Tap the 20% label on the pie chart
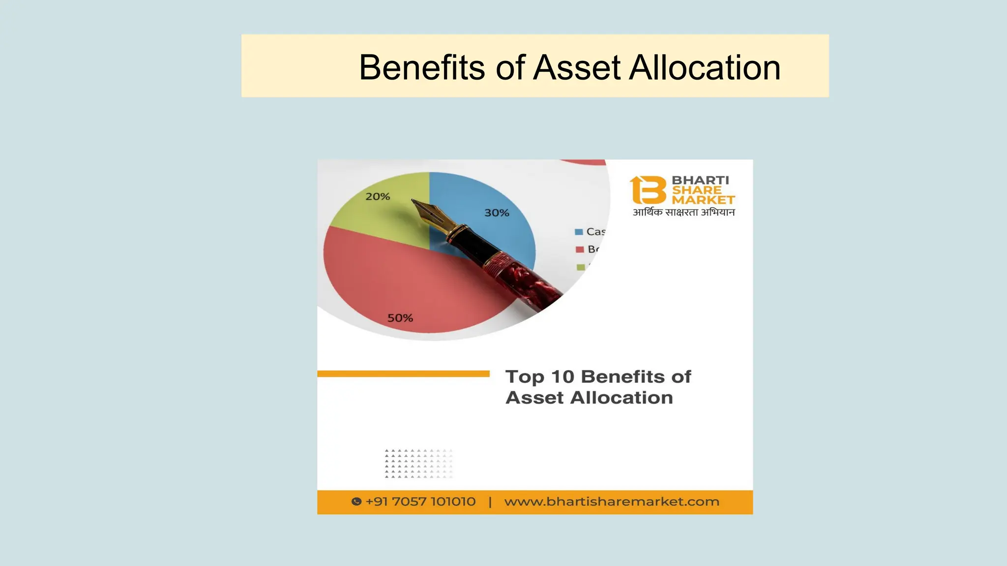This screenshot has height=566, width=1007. [378, 197]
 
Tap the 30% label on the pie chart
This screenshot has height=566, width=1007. [497, 213]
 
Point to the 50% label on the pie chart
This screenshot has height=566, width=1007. [400, 318]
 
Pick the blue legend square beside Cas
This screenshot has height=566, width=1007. [579, 232]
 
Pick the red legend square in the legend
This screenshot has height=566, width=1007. [580, 250]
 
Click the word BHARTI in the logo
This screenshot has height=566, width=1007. [700, 180]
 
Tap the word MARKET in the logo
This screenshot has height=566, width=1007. [703, 200]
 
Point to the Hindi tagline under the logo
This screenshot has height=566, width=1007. [683, 212]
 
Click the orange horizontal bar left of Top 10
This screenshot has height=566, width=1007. [403, 374]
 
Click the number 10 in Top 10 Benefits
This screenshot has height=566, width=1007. [563, 377]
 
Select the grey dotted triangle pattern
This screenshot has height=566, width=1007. [418, 463]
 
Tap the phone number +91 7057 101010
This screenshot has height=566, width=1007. [420, 502]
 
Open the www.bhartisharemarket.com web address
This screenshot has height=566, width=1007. [612, 502]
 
